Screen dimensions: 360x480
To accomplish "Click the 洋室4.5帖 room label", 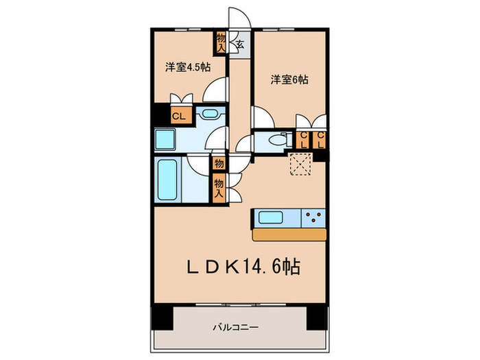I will (187, 67).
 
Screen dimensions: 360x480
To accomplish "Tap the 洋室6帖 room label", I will (289, 80).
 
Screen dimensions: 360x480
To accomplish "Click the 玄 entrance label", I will (241, 45).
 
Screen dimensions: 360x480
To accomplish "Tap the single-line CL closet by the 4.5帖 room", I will (179, 116).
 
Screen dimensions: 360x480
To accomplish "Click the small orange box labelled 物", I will (219, 164).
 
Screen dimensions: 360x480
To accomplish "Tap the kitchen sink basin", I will (272, 218).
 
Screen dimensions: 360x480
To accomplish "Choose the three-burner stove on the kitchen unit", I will (315, 218).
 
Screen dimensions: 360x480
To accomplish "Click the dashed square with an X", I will (300, 164).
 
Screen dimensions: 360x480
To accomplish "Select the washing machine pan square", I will (165, 140).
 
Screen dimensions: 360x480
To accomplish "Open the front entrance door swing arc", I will (238, 17).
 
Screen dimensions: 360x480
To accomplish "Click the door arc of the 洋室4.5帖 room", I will (218, 90).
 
